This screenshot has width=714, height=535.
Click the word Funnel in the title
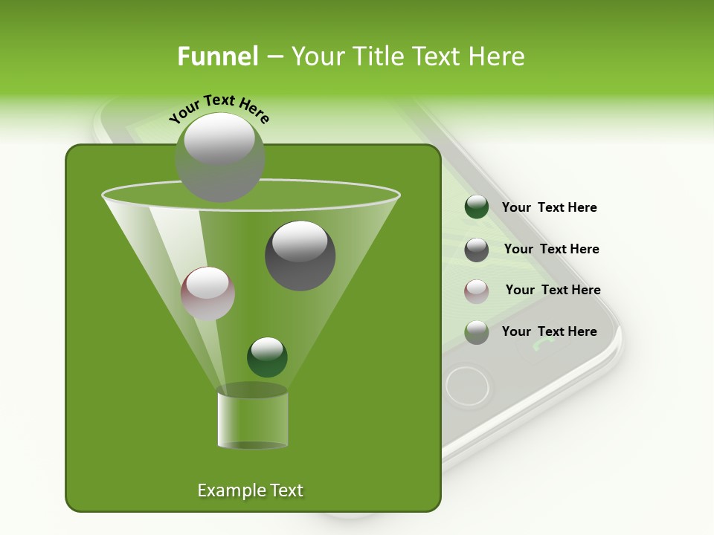[217, 56]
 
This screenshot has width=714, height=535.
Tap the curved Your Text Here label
[219, 108]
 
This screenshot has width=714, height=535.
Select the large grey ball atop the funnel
[219, 157]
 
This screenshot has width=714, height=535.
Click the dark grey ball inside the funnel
[300, 256]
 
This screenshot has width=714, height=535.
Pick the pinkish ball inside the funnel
[208, 294]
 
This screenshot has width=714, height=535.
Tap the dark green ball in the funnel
[267, 357]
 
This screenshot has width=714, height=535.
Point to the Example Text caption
[250, 490]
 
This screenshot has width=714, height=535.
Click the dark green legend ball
[476, 207]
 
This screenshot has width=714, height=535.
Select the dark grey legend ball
[476, 250]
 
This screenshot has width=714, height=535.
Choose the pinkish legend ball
[476, 291]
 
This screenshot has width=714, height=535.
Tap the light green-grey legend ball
[476, 332]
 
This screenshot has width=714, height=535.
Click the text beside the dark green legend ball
[549, 207]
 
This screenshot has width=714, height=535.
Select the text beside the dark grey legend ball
[551, 249]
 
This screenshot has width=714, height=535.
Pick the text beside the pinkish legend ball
[553, 290]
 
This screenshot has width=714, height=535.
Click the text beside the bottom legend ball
[549, 331]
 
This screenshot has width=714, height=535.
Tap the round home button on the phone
[467, 386]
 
